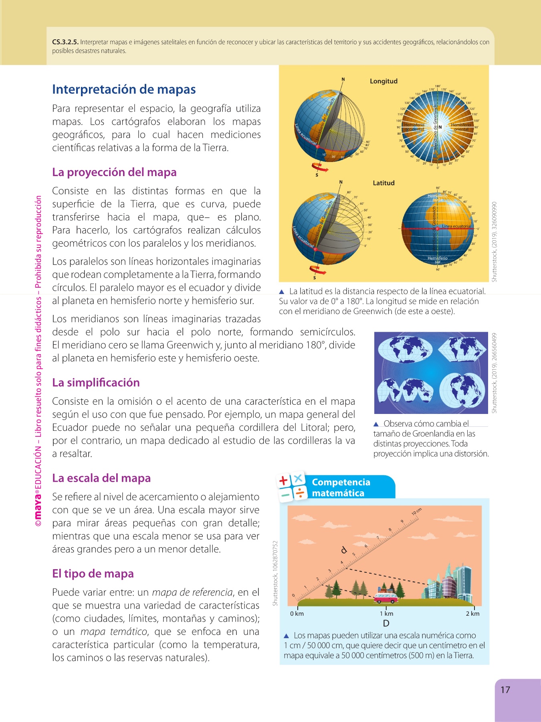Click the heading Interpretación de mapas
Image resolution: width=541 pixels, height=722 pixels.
pyautogui.click(x=124, y=89)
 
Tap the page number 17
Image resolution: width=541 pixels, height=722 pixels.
pyautogui.click(x=505, y=690)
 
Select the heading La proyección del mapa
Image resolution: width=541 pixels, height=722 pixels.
pyautogui.click(x=114, y=172)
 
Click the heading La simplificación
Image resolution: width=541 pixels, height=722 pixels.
pyautogui.click(x=96, y=382)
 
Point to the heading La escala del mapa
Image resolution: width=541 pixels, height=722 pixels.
pyautogui.click(x=101, y=478)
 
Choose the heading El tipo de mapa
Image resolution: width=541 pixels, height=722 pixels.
pyautogui.click(x=93, y=574)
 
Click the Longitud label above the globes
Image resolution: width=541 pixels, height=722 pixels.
pyautogui.click(x=384, y=81)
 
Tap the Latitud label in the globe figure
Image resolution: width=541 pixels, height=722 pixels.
pyautogui.click(x=384, y=183)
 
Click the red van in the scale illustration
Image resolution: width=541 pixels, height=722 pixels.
pyautogui.click(x=386, y=598)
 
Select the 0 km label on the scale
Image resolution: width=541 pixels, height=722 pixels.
pyautogui.click(x=297, y=614)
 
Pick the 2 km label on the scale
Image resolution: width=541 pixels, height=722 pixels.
pyautogui.click(x=472, y=614)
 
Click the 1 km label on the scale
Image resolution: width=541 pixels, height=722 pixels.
pyautogui.click(x=386, y=614)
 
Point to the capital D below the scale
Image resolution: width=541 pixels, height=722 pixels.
pyautogui.click(x=386, y=623)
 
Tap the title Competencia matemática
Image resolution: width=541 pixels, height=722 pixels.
pyautogui.click(x=341, y=487)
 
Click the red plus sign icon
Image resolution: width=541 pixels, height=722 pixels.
pyautogui.click(x=284, y=480)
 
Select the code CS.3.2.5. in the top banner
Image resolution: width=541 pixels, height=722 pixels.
pyautogui.click(x=65, y=42)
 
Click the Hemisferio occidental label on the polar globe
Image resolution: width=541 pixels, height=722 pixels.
pyautogui.click(x=414, y=127)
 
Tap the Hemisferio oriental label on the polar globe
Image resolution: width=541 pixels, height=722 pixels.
pyautogui.click(x=461, y=127)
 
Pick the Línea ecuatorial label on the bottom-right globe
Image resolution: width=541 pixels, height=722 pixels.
pyautogui.click(x=456, y=226)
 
